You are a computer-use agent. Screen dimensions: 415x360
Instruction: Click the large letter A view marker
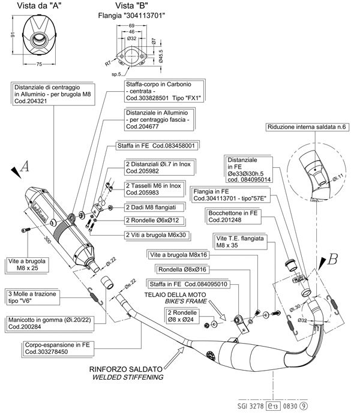pyautogui.click(x=25, y=169)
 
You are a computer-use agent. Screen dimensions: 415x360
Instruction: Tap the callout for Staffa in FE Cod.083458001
pyautogui.click(x=157, y=146)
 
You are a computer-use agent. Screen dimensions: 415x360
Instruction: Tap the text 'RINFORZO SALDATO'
pyautogui.click(x=126, y=369)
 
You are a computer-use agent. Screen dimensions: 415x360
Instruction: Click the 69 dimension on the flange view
pyautogui.click(x=131, y=26)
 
